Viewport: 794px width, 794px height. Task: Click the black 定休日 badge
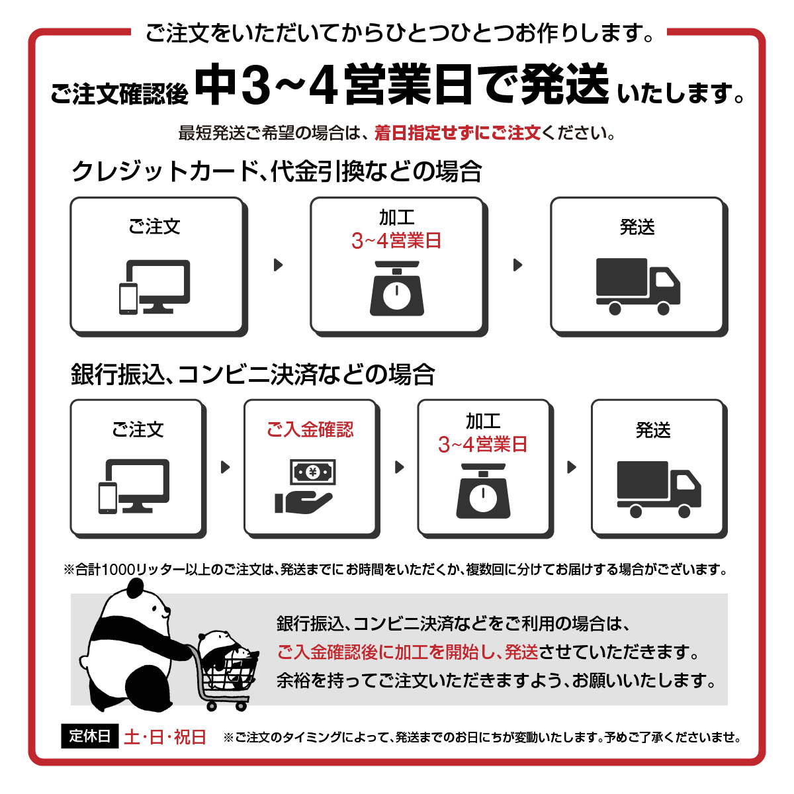[89, 736]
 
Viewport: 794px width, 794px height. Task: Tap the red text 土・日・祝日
[165, 736]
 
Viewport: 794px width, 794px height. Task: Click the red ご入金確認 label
[310, 429]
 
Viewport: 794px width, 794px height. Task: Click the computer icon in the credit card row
[155, 287]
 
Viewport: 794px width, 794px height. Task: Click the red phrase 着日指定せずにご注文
[457, 133]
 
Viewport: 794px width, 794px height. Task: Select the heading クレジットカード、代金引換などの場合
[276, 171]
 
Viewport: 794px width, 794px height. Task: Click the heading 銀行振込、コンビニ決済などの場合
[253, 375]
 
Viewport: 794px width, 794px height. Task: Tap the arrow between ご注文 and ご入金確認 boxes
[226, 467]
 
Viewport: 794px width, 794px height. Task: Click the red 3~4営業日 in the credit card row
[396, 241]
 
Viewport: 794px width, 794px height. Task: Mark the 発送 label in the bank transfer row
[653, 430]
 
